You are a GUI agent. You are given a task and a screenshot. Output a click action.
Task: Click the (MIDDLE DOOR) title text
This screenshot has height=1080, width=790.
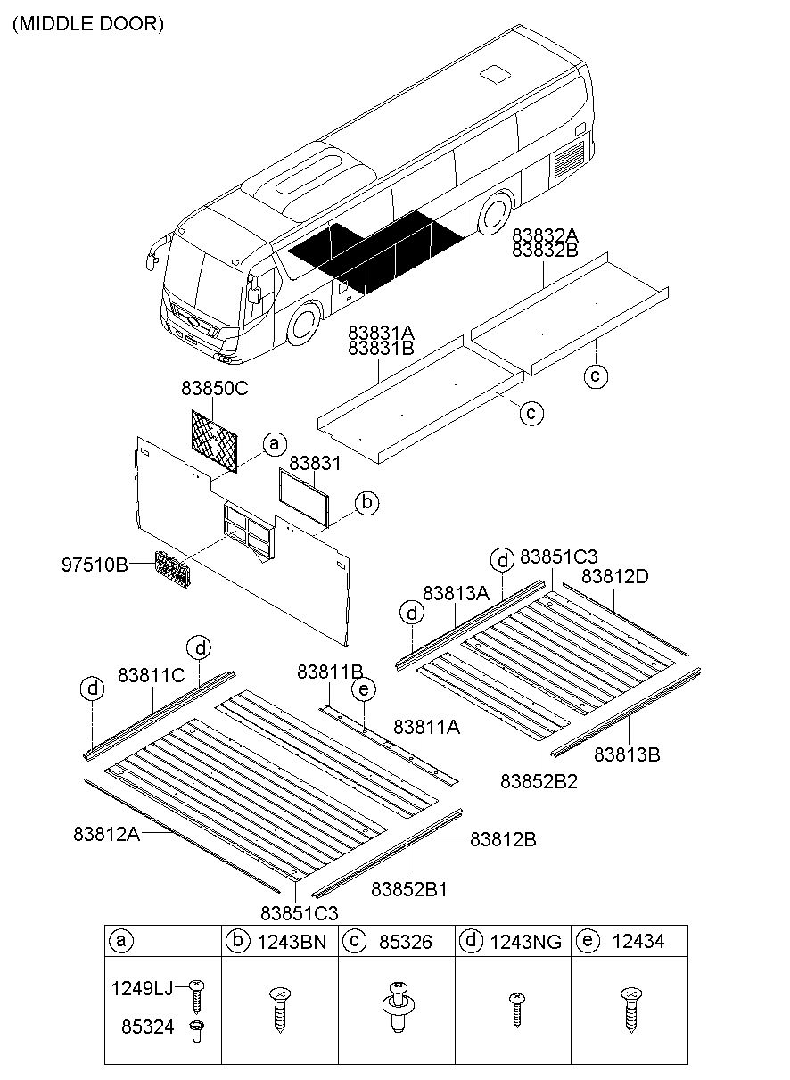pyautogui.click(x=87, y=24)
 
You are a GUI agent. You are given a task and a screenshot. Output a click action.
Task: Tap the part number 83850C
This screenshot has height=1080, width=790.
pyautogui.click(x=215, y=389)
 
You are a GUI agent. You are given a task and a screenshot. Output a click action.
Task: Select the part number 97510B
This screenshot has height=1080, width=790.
pyautogui.click(x=95, y=564)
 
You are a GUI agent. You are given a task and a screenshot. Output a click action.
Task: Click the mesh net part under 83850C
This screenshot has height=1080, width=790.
pyautogui.click(x=218, y=440)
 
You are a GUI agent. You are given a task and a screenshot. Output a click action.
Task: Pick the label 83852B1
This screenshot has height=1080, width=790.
pyautogui.click(x=408, y=889)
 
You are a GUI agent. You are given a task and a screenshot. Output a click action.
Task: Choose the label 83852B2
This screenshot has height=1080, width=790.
pyautogui.click(x=539, y=781)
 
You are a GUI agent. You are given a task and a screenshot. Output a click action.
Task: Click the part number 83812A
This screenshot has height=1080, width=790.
pyautogui.click(x=107, y=834)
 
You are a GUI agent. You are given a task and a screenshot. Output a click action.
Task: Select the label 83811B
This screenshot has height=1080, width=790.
pyautogui.click(x=330, y=672)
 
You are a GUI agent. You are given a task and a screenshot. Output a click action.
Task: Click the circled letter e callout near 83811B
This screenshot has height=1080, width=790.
pyautogui.click(x=362, y=689)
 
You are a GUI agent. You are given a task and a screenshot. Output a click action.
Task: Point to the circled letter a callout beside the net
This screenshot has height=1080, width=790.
pyautogui.click(x=275, y=443)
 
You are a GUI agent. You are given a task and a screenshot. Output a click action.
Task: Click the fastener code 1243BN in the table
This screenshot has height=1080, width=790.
pyautogui.click(x=292, y=941)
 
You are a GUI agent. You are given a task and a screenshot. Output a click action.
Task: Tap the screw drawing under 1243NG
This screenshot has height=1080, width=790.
pyautogui.click(x=514, y=1010)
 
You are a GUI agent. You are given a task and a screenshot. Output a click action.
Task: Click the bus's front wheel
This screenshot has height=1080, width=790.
pyautogui.click(x=305, y=323)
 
